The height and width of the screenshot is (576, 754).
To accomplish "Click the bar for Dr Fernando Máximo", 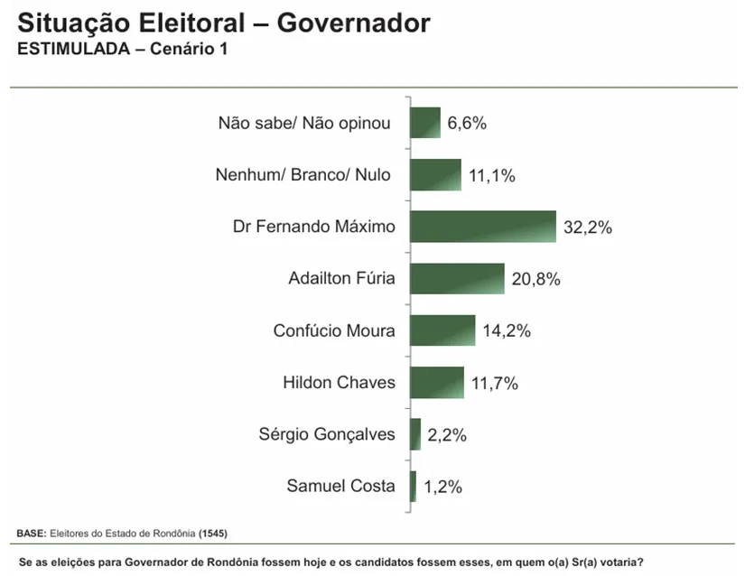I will pyautogui.click(x=482, y=227).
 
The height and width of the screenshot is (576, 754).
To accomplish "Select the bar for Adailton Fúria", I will pyautogui.click(x=457, y=278).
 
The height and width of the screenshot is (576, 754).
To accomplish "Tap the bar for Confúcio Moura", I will pyautogui.click(x=442, y=330).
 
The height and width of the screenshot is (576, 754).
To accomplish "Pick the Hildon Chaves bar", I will pyautogui.click(x=436, y=383).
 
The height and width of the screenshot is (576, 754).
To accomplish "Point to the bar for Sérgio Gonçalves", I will pyautogui.click(x=415, y=434).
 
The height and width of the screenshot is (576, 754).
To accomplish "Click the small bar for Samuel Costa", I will pyautogui.click(x=413, y=487).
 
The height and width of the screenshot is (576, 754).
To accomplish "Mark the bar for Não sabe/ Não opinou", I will pyautogui.click(x=425, y=123).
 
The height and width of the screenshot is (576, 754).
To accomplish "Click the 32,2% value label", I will pyautogui.click(x=588, y=228).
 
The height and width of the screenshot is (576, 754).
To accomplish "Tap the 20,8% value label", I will pyautogui.click(x=536, y=280).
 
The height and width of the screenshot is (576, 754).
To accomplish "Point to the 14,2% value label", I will pyautogui.click(x=506, y=331).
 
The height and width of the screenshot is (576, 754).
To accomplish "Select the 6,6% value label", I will pyautogui.click(x=467, y=124).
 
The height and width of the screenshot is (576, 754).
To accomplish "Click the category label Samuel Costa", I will pyautogui.click(x=340, y=486).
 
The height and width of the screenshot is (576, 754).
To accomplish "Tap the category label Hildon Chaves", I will pyautogui.click(x=339, y=382).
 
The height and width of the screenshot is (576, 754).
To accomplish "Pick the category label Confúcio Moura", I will pyautogui.click(x=334, y=330).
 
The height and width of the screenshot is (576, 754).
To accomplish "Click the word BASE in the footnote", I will pyautogui.click(x=31, y=533).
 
